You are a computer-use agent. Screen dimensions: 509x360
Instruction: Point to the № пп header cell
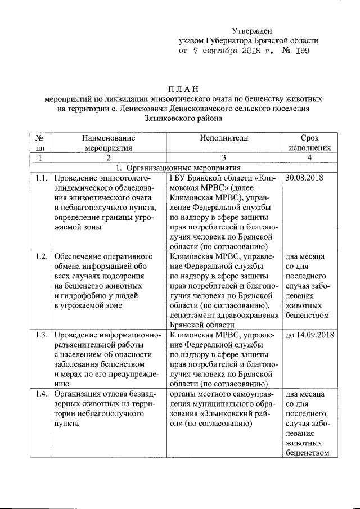(40, 143)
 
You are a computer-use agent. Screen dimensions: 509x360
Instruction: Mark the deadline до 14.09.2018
(310, 335)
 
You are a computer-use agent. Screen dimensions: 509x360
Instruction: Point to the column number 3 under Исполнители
(223, 158)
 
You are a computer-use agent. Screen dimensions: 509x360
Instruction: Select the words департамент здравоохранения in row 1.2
(224, 316)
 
